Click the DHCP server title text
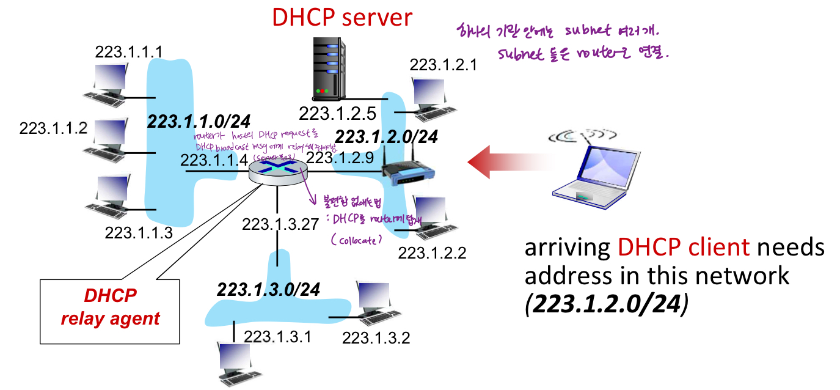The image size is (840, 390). (342, 17)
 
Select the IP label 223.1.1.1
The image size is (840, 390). (128, 52)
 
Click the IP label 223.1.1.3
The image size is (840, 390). (139, 233)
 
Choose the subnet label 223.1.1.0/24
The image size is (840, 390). (199, 122)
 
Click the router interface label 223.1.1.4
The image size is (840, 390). (214, 161)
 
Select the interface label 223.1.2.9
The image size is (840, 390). (339, 158)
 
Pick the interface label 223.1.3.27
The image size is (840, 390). (280, 224)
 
